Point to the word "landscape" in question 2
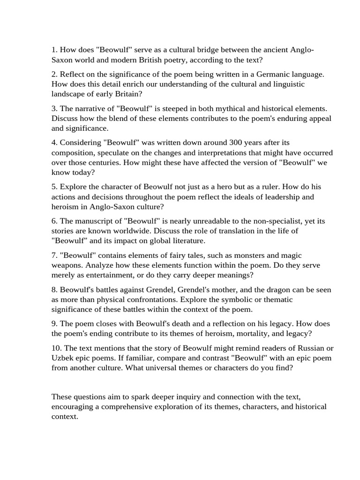68,94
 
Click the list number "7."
54,255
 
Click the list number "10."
56,348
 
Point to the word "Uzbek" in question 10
63,358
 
